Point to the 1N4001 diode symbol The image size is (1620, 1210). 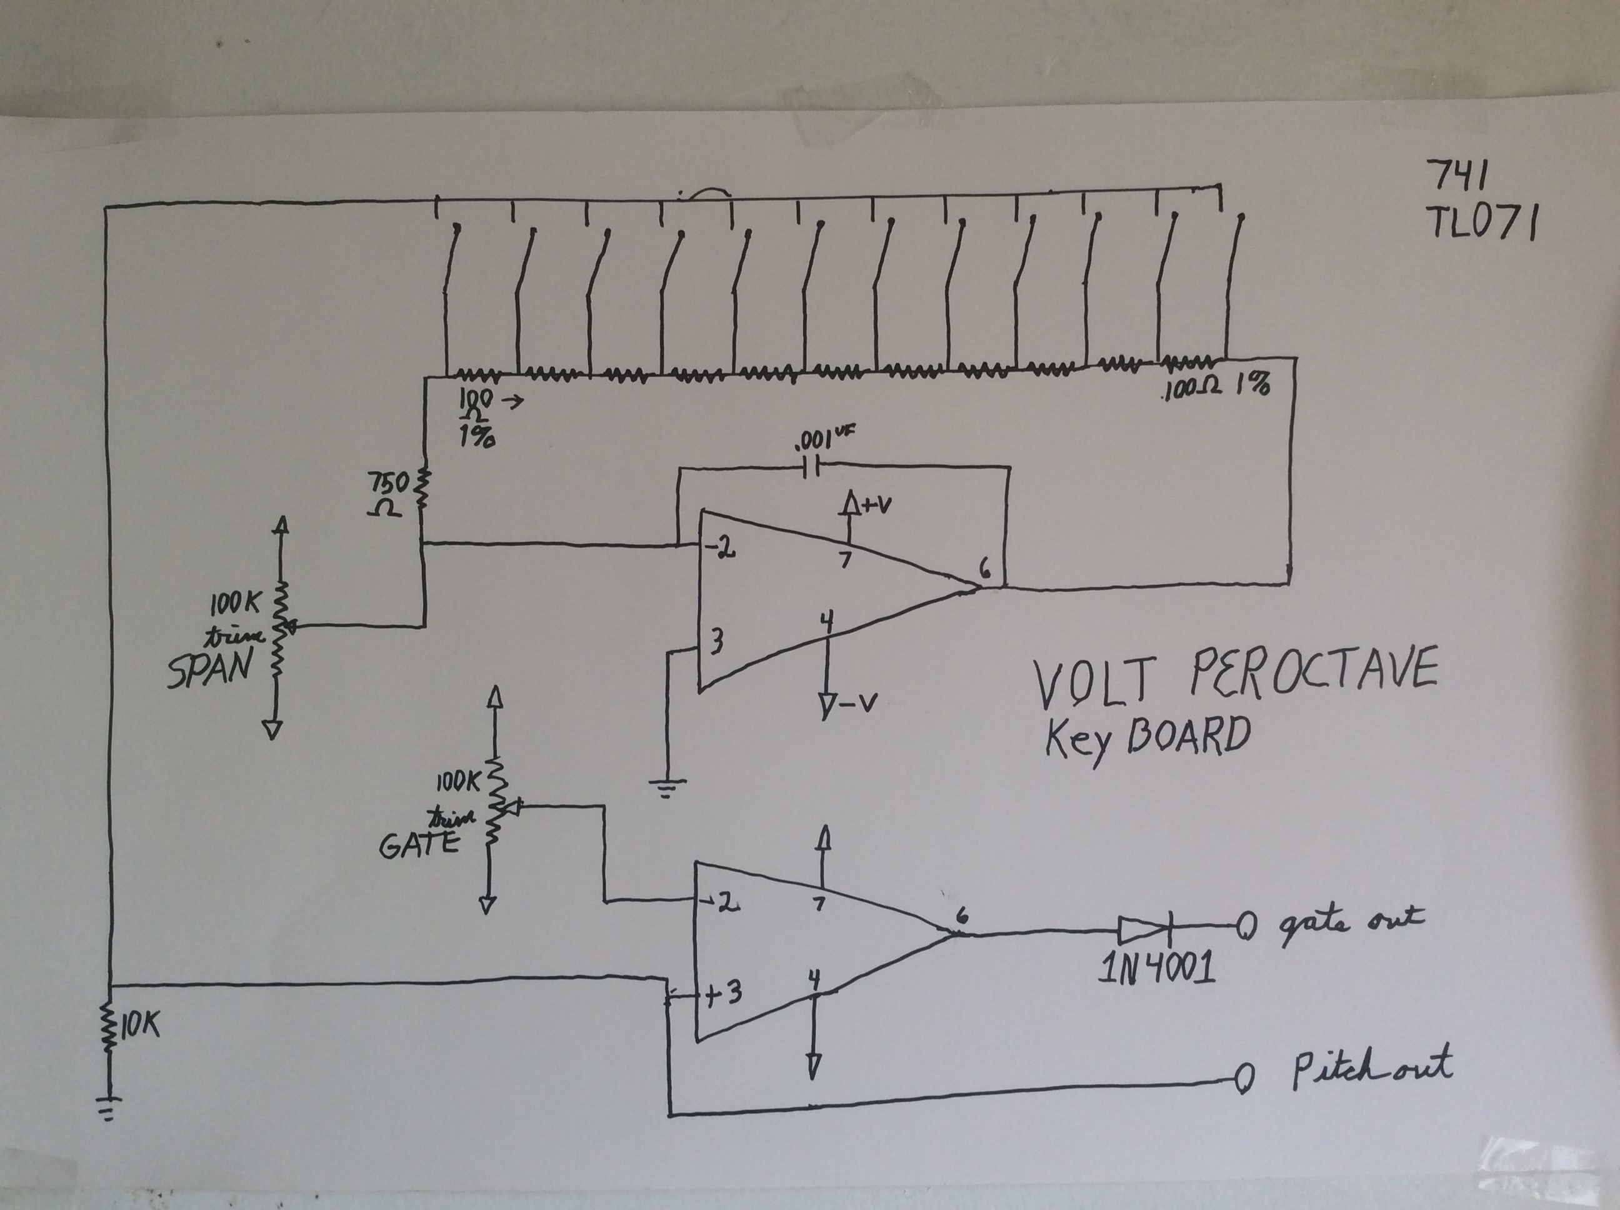pyautogui.click(x=1144, y=930)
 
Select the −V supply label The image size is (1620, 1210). pyautogui.click(x=857, y=703)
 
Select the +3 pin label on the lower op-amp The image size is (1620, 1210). pyautogui.click(x=723, y=993)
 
